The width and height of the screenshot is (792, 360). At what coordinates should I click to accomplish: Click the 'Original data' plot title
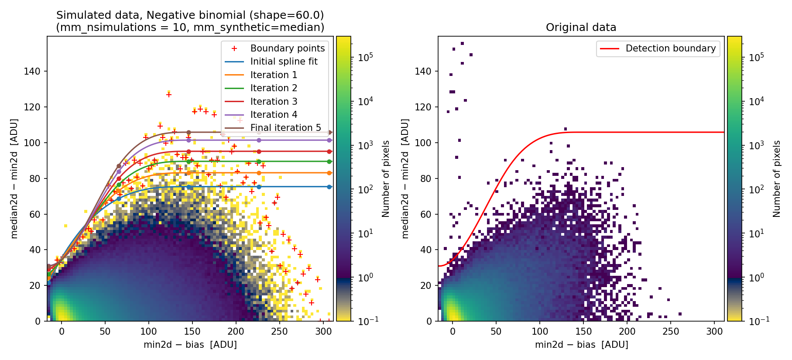click(x=581, y=27)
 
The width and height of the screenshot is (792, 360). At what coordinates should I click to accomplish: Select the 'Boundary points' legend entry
click(x=287, y=48)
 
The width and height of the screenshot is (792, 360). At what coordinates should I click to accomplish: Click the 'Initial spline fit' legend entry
click(x=284, y=62)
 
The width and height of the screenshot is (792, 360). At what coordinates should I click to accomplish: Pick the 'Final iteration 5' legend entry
click(x=285, y=128)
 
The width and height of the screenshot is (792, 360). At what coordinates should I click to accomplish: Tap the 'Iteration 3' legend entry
click(x=274, y=102)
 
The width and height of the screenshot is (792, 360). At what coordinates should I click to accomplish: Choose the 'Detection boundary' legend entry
click(x=670, y=48)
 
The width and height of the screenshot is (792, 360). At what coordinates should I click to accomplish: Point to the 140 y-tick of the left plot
click(x=32, y=72)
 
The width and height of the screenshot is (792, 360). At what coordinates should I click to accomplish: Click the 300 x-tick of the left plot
click(x=323, y=332)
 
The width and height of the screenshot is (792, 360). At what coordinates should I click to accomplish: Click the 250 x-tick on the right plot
click(x=671, y=332)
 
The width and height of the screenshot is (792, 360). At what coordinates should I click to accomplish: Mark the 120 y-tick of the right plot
click(x=423, y=107)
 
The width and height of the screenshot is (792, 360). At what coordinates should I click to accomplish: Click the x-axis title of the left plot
click(x=190, y=345)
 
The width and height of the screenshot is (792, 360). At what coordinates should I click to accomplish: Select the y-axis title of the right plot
click(x=405, y=178)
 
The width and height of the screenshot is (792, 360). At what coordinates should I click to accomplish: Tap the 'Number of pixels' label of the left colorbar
click(x=386, y=178)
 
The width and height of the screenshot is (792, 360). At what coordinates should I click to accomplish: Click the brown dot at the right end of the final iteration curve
click(x=330, y=132)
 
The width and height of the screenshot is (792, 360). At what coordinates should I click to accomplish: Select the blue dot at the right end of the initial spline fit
click(x=329, y=187)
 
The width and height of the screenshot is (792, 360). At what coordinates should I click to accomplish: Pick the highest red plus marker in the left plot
click(x=169, y=95)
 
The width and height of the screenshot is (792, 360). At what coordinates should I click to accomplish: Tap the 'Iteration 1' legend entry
click(x=274, y=75)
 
